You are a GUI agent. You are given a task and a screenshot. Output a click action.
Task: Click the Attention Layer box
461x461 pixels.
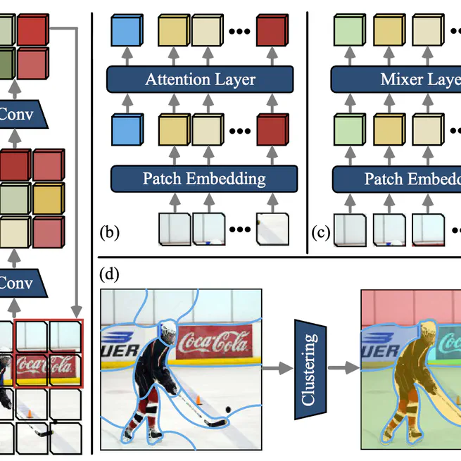pos(200,79)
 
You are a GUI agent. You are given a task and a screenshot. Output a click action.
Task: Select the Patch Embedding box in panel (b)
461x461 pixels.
pos(204,178)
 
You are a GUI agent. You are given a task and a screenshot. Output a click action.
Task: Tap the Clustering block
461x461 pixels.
pos(307,367)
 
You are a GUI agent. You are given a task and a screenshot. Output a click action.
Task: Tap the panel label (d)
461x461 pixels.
pos(110,273)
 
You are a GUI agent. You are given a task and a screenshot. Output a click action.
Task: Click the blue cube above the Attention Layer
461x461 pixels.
pos(127,33)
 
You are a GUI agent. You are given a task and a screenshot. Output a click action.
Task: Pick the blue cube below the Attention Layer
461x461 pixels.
pos(127,131)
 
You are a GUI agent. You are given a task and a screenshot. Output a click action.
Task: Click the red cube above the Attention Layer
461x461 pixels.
pos(272,33)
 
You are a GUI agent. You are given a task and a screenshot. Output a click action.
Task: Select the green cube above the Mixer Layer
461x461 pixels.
pos(348,33)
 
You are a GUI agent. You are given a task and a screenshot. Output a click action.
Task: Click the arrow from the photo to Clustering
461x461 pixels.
pos(275,367)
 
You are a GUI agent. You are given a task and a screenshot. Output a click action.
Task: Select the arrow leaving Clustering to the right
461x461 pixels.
pos(341,367)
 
